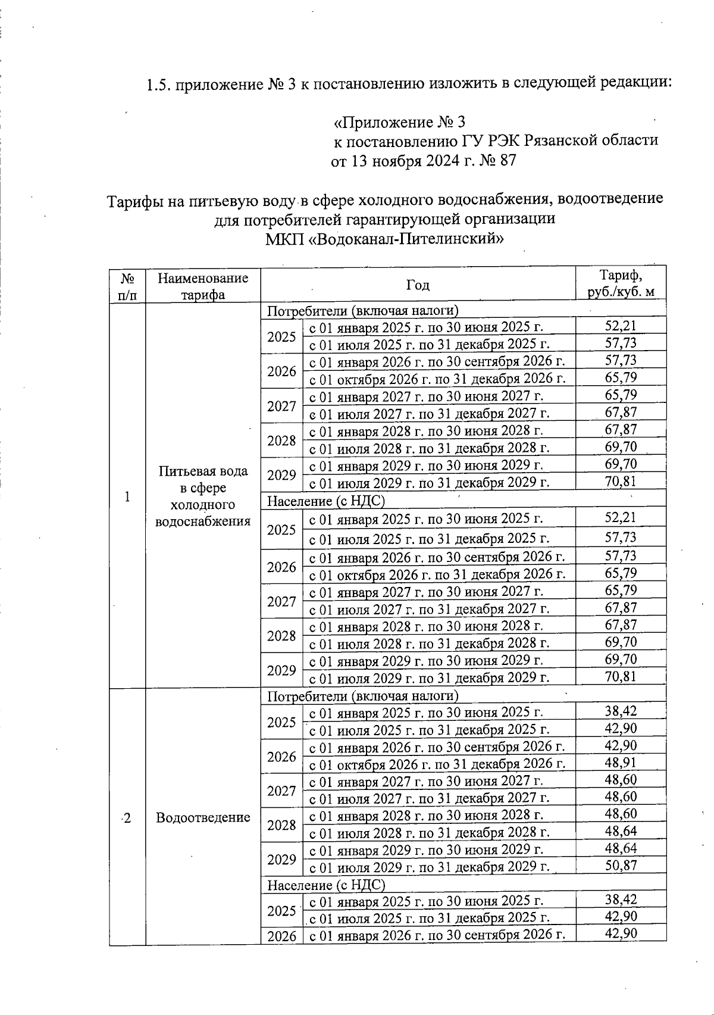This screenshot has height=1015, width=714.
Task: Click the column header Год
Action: tap(418, 285)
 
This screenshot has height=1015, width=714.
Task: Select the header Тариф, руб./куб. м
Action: tap(621, 284)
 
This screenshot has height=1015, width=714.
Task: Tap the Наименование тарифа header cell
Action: tap(203, 286)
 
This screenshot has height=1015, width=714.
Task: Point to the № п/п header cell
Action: tap(127, 286)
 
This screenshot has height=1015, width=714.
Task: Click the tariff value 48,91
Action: tap(621, 763)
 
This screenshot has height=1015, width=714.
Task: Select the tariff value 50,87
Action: tap(621, 866)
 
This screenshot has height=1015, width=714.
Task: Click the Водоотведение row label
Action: tap(203, 817)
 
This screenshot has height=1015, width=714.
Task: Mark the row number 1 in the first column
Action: tap(127, 496)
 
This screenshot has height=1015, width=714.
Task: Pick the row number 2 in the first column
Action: tap(127, 817)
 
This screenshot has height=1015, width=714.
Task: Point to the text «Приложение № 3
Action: tap(399, 123)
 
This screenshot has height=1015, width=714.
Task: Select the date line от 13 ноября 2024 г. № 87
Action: tap(423, 160)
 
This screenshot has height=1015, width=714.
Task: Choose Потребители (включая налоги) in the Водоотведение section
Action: tap(363, 695)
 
